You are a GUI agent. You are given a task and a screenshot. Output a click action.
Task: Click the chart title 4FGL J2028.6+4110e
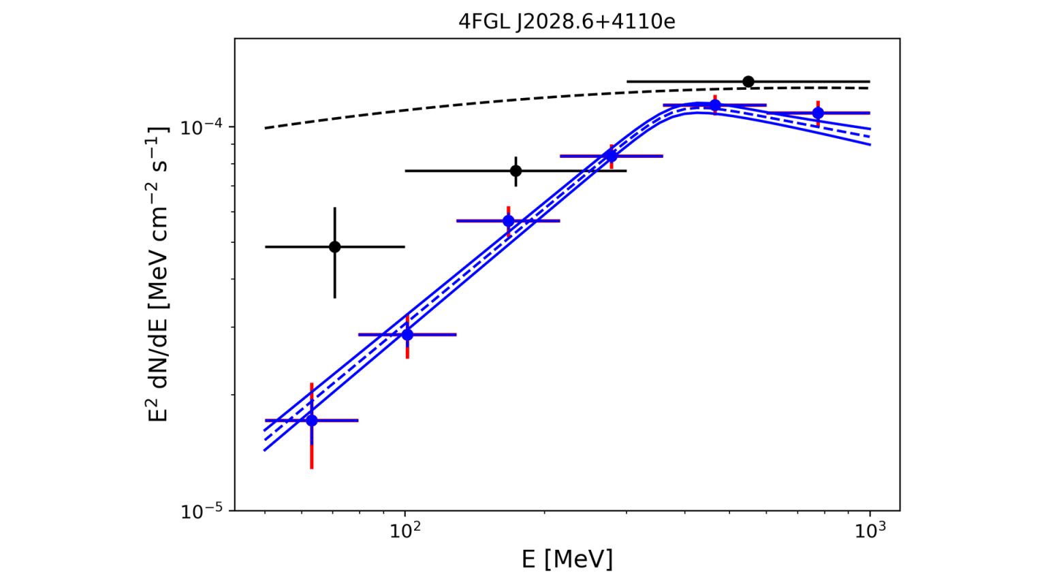tap(567, 22)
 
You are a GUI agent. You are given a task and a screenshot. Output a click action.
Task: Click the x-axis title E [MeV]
tap(567, 559)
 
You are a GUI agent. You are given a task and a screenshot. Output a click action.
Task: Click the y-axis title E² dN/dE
tap(158, 274)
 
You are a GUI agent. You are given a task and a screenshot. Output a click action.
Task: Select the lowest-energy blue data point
tap(312, 421)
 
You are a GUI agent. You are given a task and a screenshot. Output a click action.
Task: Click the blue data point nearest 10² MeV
tap(407, 335)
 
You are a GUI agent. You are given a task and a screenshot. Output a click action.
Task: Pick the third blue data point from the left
tap(508, 221)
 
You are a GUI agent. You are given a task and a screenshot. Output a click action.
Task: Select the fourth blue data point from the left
tap(612, 156)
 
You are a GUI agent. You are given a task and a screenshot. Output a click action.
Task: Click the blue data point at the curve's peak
tap(714, 105)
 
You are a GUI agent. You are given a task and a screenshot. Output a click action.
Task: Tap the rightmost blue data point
tap(818, 113)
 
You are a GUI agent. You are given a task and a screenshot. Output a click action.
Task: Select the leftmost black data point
tap(334, 246)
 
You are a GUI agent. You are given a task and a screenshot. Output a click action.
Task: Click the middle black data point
tap(516, 170)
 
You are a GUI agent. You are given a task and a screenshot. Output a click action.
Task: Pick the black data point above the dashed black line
tap(748, 82)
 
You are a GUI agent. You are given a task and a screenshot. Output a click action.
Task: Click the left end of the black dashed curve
tap(266, 128)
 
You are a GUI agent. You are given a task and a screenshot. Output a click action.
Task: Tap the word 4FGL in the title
tap(477, 22)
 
